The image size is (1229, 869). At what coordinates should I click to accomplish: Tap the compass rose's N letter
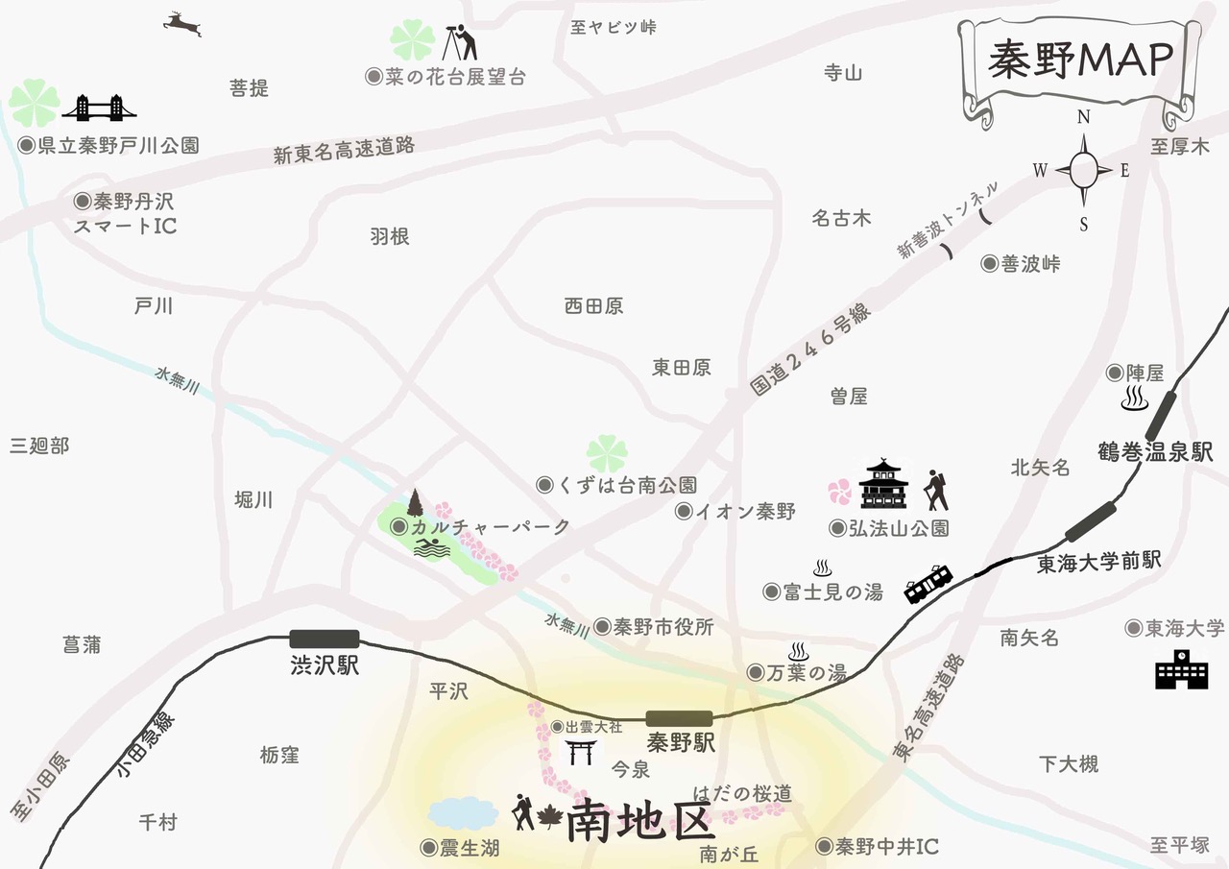pos(1084,117)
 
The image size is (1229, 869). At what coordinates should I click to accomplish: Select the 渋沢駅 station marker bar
pos(325,639)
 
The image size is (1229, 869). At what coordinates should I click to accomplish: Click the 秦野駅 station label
pos(682,742)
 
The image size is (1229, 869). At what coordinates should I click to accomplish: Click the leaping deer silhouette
pos(182,23)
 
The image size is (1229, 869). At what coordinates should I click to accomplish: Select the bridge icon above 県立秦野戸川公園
pos(99,108)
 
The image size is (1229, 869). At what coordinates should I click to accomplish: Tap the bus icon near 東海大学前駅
pos(928,583)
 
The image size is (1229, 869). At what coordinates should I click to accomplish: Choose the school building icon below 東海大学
pos(1180,666)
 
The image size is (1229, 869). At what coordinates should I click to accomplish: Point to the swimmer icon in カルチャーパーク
pos(432,548)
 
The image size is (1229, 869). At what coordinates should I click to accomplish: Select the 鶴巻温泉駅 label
pos(1156,451)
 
